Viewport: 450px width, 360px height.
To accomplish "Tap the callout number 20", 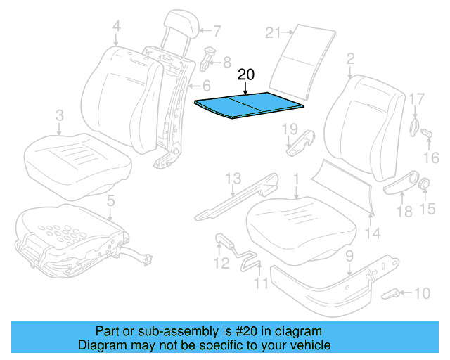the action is (x=246, y=75).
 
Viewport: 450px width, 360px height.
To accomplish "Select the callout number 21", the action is (x=274, y=32).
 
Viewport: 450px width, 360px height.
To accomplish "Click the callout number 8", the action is (x=226, y=62).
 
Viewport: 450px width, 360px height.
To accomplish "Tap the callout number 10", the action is (x=421, y=292).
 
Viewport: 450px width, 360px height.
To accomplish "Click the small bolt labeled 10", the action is (x=391, y=293).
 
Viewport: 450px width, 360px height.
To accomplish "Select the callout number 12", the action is (x=221, y=264).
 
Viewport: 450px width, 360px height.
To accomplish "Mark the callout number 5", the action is (x=110, y=202).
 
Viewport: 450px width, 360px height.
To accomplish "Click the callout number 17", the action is (x=417, y=100).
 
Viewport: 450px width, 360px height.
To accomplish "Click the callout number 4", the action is (x=116, y=28).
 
